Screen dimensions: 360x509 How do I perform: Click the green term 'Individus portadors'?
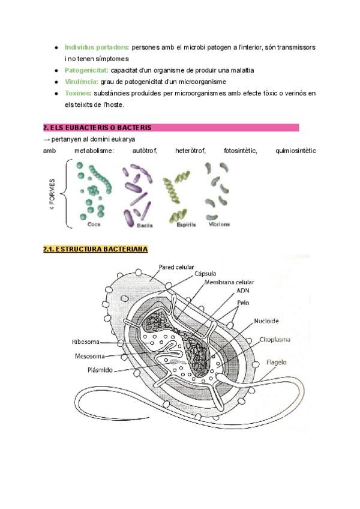tap(96, 47)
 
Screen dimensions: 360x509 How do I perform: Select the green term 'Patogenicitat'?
tap(86, 70)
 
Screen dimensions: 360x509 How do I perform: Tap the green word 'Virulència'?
tap(82, 82)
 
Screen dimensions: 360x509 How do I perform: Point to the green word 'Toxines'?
tap(77, 93)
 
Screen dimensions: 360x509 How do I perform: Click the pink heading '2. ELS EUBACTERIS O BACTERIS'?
tap(97, 128)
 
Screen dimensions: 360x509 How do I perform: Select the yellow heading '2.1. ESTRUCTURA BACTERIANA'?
tap(95, 248)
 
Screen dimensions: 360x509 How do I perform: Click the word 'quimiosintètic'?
tap(295, 151)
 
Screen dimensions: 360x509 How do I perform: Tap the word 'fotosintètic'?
tap(240, 151)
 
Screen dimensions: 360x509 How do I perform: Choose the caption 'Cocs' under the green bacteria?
tap(94, 224)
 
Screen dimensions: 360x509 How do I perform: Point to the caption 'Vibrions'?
tap(219, 224)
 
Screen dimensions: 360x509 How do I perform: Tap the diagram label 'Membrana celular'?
tap(229, 282)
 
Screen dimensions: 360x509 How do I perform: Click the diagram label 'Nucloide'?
tap(265, 320)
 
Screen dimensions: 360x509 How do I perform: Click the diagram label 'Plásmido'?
tap(102, 370)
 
